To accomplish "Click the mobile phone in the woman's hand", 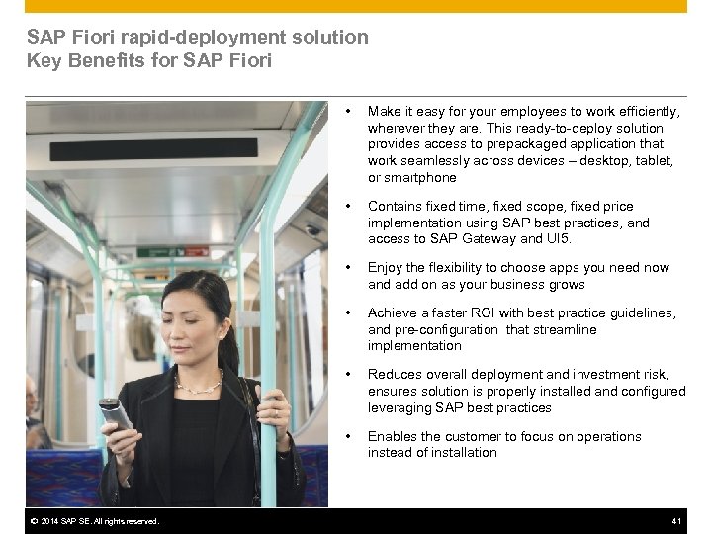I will pos(116,414).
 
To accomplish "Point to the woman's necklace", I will pos(198,384).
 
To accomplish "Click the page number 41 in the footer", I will pos(677,521).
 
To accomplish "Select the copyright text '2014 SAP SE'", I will pos(60,521).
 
